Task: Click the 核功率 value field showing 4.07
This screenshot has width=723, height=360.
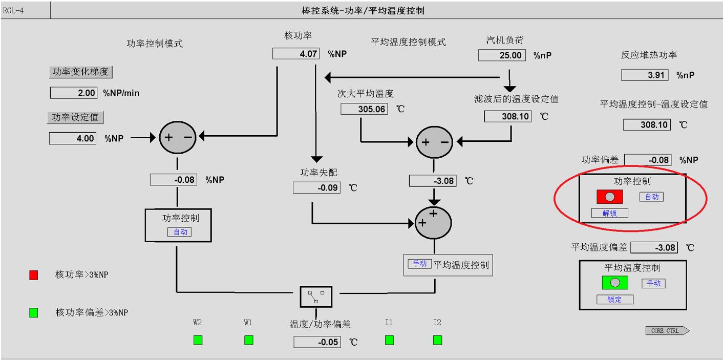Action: pos(296,53)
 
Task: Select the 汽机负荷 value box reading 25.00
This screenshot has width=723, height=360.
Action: pos(502,55)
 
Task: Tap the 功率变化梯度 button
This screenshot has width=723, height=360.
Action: pos(81,72)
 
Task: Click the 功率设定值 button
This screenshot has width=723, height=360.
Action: pos(75,117)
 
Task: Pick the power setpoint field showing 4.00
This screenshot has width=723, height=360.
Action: pos(73,138)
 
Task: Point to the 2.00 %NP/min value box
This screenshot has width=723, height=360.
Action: pos(73,93)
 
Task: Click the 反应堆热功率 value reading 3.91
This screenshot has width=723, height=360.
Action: pos(645,75)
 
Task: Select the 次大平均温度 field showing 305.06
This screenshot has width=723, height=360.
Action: pos(364,109)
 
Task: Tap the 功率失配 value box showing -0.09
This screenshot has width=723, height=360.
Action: pos(316,188)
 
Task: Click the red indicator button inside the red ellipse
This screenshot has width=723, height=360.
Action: pos(609,197)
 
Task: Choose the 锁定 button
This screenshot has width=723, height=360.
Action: pos(614,300)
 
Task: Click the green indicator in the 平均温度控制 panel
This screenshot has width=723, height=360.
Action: pos(615,283)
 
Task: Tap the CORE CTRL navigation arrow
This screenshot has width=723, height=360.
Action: pos(667,331)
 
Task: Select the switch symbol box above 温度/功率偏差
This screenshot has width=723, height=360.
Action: pos(316,297)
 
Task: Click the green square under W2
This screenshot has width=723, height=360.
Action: pos(198,340)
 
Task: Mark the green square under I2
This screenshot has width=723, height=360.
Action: pos(437,340)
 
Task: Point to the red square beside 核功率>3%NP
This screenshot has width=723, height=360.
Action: pos(34,275)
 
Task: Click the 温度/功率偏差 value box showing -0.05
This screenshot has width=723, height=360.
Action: pos(317,342)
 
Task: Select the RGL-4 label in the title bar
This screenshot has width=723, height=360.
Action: pos(13,10)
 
